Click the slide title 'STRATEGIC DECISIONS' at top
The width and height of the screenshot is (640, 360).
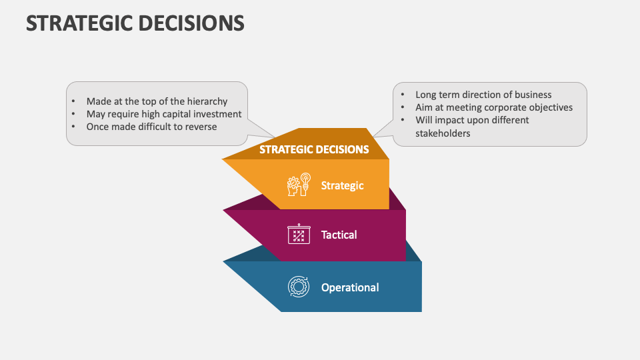pyautogui.click(x=135, y=23)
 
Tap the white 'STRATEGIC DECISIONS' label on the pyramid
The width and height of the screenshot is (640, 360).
pyautogui.click(x=314, y=149)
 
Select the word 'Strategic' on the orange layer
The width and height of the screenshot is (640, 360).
pyautogui.click(x=342, y=185)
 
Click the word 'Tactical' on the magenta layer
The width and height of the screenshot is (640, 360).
pyautogui.click(x=339, y=235)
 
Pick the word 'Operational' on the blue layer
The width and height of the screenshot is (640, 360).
pyautogui.click(x=350, y=287)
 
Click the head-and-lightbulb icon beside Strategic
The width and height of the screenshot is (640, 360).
pyautogui.click(x=299, y=185)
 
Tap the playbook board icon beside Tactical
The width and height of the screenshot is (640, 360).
pyautogui.click(x=298, y=234)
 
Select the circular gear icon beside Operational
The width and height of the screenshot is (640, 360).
pyautogui.click(x=298, y=287)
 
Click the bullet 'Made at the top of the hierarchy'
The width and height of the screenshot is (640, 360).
pyautogui.click(x=157, y=101)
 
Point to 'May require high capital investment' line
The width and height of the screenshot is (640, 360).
pyautogui.click(x=164, y=114)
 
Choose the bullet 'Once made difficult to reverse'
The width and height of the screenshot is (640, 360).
pyautogui.click(x=151, y=127)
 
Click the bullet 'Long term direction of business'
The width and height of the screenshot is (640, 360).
pyautogui.click(x=483, y=95)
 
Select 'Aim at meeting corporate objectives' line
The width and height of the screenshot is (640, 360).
pyautogui.click(x=494, y=107)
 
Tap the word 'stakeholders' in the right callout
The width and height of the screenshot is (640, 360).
pyautogui.click(x=443, y=133)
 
